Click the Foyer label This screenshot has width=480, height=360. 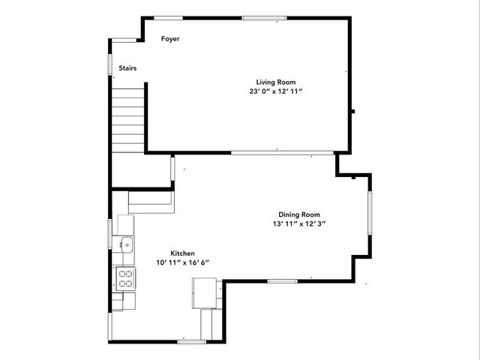(171, 39)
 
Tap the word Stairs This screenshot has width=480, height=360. (127, 68)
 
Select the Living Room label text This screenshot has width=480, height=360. (276, 82)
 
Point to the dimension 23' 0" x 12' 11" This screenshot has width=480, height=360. (276, 91)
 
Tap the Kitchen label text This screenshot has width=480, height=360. (182, 253)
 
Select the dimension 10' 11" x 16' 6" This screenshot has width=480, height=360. (182, 262)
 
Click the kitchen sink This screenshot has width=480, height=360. (127, 243)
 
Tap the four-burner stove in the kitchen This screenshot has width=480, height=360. (125, 279)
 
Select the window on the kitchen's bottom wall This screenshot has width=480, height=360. (192, 341)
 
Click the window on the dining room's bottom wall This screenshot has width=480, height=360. (283, 281)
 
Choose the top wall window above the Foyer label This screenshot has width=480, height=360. (168, 17)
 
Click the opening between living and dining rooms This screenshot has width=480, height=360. (282, 153)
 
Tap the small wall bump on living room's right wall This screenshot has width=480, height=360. (352, 112)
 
